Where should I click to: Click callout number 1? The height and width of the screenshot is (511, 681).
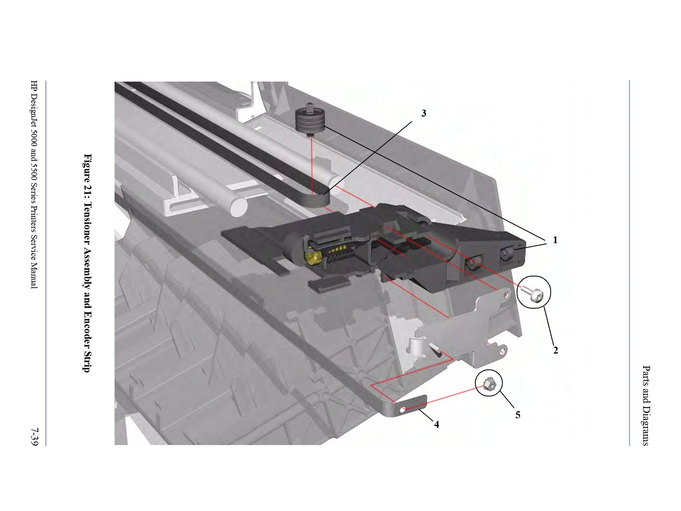tap(555, 240)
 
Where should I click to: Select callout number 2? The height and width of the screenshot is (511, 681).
tap(555, 350)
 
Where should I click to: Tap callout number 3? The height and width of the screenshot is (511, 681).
tap(424, 114)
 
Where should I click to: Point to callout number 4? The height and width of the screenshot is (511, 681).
tap(437, 424)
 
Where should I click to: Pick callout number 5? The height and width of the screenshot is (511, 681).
tap(518, 415)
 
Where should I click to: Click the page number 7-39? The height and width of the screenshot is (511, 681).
tap(35, 437)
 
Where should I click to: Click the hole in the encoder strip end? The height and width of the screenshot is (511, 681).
tap(403, 410)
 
